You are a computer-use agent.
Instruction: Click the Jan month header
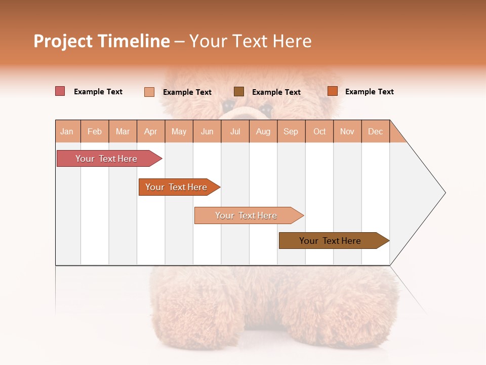click(67, 131)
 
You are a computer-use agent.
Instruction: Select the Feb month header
click(95, 131)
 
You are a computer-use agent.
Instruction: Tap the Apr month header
click(150, 131)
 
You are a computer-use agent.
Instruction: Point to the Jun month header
click(207, 131)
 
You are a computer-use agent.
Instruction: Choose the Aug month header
click(263, 131)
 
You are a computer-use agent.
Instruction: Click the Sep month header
click(291, 131)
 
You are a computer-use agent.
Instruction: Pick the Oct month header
click(319, 131)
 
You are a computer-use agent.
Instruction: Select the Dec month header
click(375, 131)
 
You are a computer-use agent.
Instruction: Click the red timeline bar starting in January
click(106, 159)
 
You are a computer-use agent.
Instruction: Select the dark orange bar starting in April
click(176, 187)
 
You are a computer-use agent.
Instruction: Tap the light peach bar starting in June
click(246, 215)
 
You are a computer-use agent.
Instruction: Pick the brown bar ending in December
click(330, 241)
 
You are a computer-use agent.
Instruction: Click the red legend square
click(60, 91)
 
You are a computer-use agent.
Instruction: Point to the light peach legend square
click(149, 92)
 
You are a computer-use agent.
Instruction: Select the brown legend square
click(239, 91)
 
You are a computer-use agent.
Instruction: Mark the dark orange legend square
click(333, 91)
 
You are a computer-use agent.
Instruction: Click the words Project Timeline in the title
click(102, 41)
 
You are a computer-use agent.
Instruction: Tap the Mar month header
click(123, 131)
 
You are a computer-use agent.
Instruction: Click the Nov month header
click(347, 131)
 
